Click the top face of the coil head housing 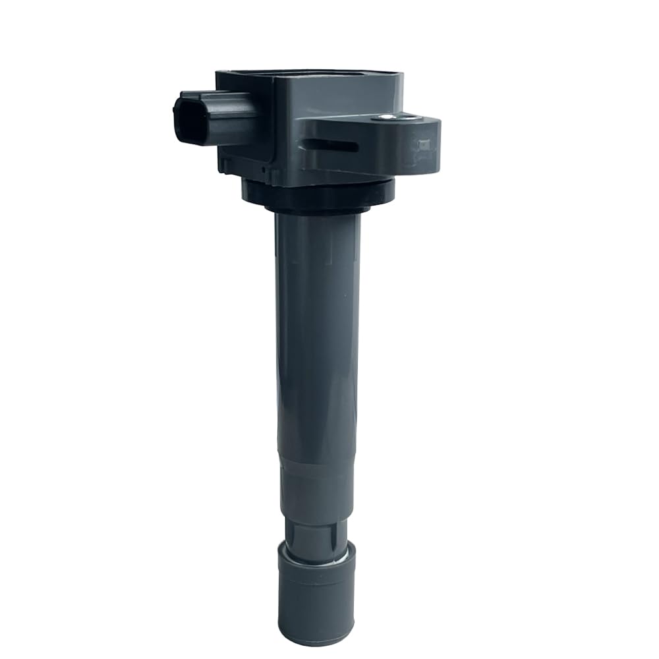310,82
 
